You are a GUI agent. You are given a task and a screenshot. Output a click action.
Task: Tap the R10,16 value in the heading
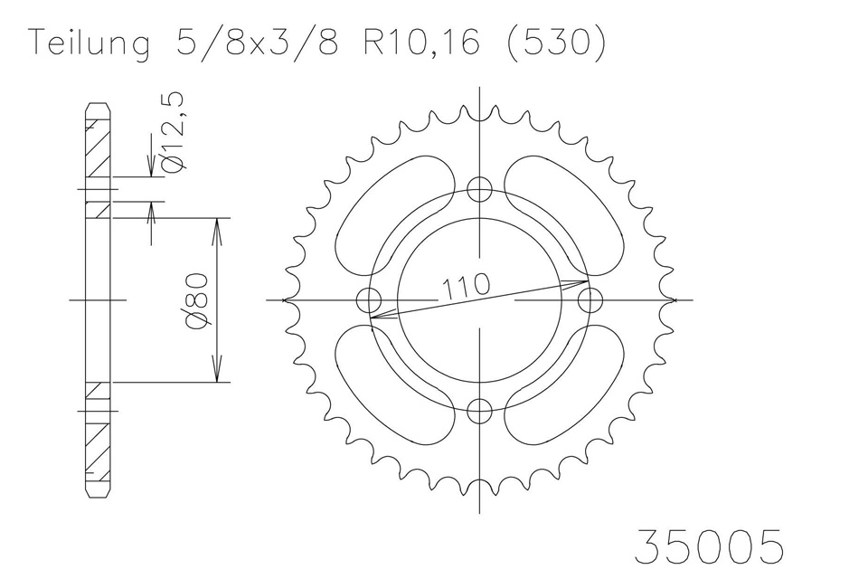pyautogui.click(x=421, y=43)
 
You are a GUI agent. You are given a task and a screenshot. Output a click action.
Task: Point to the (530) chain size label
pyautogui.click(x=555, y=43)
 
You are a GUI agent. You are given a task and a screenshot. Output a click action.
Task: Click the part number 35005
pyautogui.click(x=710, y=546)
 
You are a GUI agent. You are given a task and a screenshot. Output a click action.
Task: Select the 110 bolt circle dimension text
pyautogui.click(x=467, y=286)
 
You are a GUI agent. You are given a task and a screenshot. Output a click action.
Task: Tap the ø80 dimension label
pyautogui.click(x=198, y=301)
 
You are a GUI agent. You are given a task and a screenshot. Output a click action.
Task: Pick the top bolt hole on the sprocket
pyautogui.click(x=479, y=189)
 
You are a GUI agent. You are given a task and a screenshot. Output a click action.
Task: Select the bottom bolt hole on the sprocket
pyautogui.click(x=479, y=411)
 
